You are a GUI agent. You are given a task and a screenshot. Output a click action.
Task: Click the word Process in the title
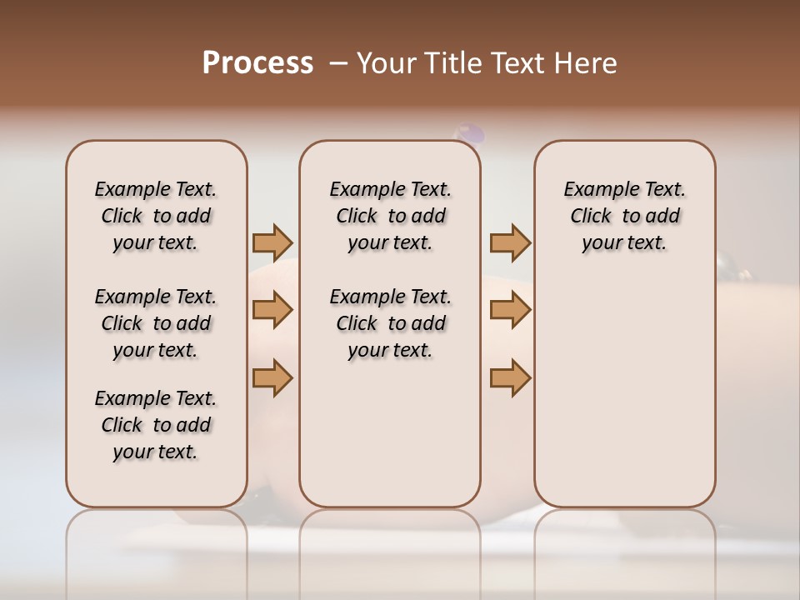pyautogui.click(x=257, y=63)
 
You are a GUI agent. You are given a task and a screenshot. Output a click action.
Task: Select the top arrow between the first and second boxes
pyautogui.click(x=272, y=242)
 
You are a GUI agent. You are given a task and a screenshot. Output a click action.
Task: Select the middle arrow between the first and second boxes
pyautogui.click(x=272, y=310)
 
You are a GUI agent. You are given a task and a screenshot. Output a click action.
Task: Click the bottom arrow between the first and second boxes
pyautogui.click(x=272, y=377)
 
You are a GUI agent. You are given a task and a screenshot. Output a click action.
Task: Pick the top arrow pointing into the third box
pyautogui.click(x=510, y=242)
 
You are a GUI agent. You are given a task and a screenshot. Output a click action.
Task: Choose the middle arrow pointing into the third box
pyautogui.click(x=510, y=310)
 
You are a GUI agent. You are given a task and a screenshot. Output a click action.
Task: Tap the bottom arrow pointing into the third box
pyautogui.click(x=510, y=377)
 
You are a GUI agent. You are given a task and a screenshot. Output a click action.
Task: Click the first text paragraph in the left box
pyautogui.click(x=156, y=216)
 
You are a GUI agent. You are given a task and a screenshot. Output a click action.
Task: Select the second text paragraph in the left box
pyautogui.click(x=156, y=323)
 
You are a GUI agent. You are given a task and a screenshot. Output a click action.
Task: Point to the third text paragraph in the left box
pyautogui.click(x=156, y=425)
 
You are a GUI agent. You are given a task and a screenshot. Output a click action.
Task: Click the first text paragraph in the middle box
pyautogui.click(x=390, y=216)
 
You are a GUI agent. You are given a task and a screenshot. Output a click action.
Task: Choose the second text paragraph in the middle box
pyautogui.click(x=390, y=323)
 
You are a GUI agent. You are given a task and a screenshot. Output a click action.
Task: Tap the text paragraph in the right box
pyautogui.click(x=624, y=216)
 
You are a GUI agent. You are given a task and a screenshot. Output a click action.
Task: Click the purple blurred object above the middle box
pyautogui.click(x=468, y=132)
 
